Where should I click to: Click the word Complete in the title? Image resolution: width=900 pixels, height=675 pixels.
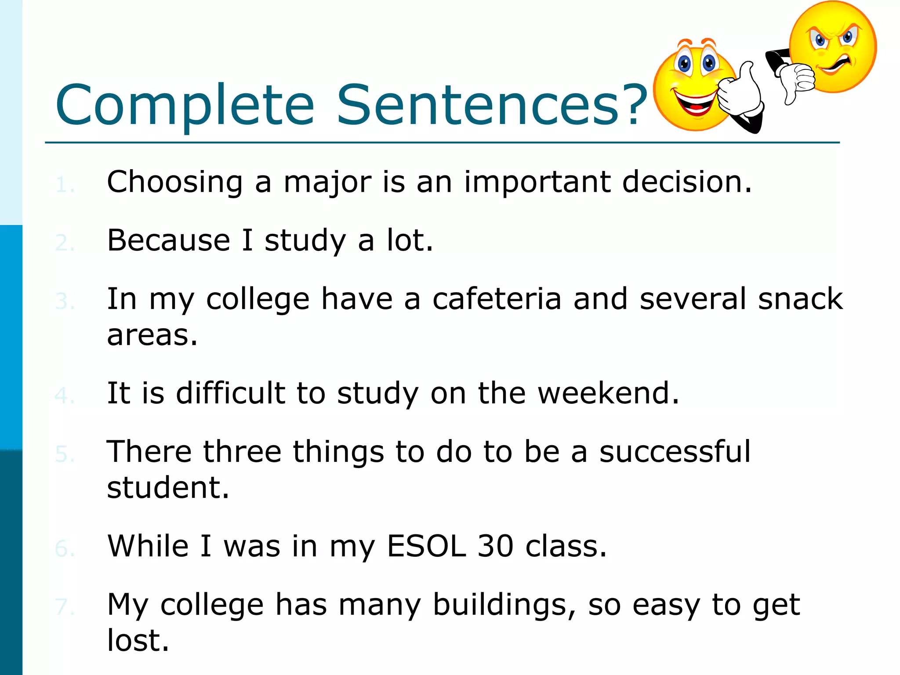coord(185,105)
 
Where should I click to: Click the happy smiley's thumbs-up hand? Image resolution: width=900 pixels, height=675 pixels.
coord(740,92)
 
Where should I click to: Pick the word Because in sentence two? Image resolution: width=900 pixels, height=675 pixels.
coord(169,240)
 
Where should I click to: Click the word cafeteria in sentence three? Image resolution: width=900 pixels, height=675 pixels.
coord(497,299)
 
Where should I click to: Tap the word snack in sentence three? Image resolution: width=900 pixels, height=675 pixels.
coord(800,299)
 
